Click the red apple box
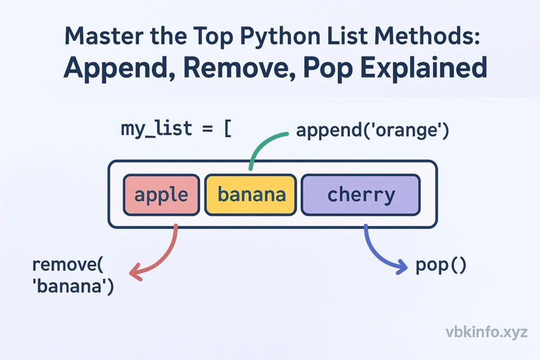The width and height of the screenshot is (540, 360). (161, 195)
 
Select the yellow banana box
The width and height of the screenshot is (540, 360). (251, 195)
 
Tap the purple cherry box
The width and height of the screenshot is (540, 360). (361, 195)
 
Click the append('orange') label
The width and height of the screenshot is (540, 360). (372, 130)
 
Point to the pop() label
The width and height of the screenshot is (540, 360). (441, 265)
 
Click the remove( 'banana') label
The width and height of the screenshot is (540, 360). (73, 276)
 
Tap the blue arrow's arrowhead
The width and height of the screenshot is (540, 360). (403, 267)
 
